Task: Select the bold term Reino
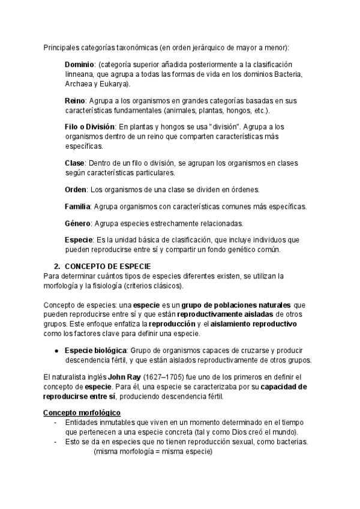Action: [75, 101]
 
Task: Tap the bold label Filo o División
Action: [89, 127]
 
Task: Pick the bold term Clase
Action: [75, 163]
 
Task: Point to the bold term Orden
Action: [76, 190]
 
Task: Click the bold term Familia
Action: [77, 206]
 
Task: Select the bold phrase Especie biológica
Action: [96, 351]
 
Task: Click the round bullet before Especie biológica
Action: [56, 351]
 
